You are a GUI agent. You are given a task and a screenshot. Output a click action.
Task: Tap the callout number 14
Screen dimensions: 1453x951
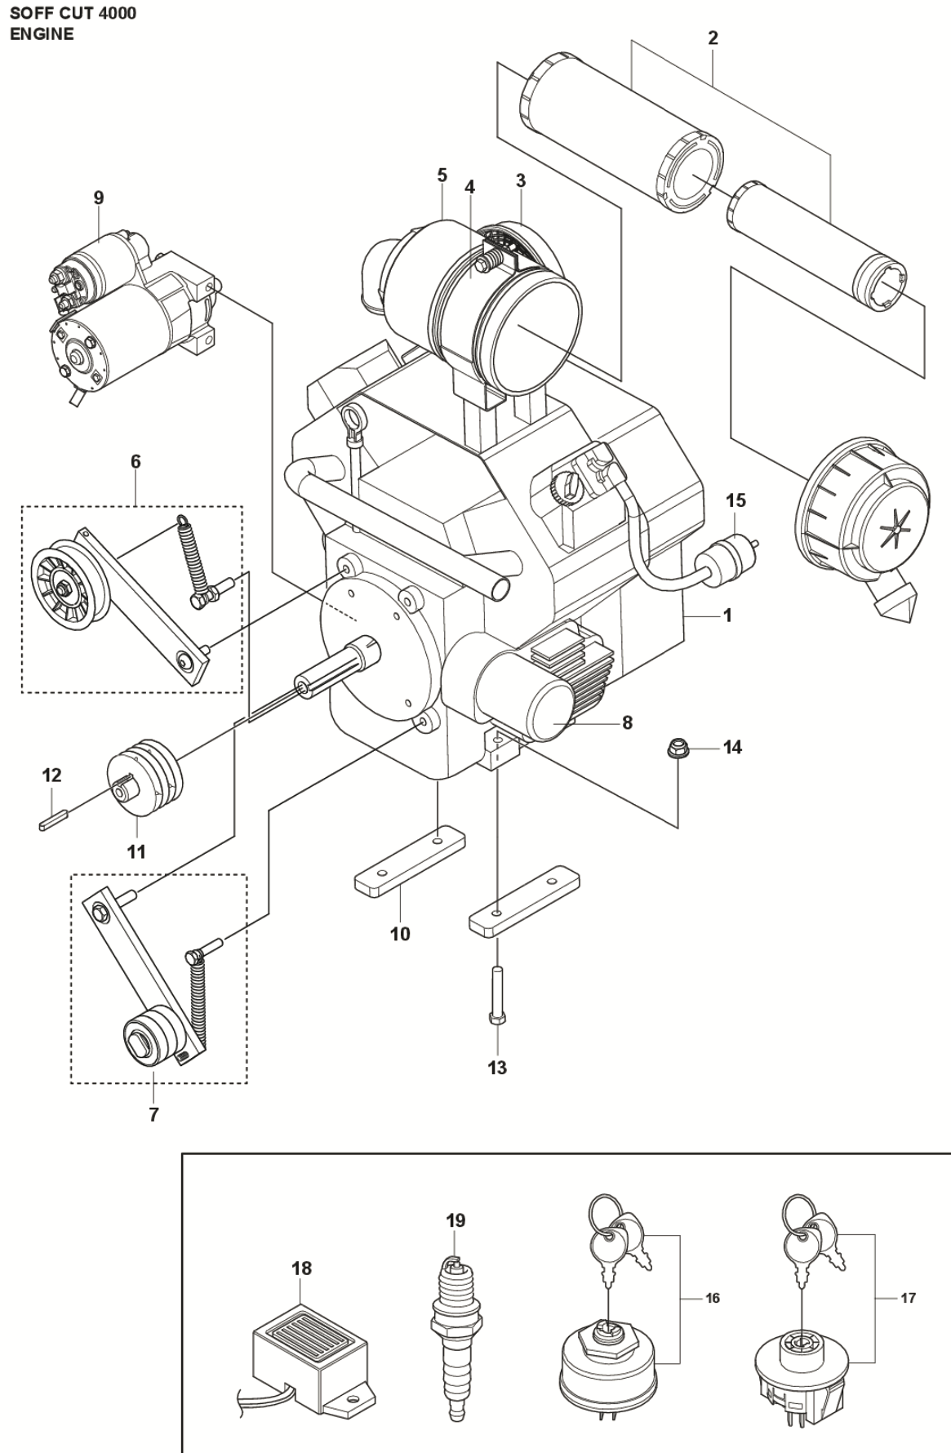[732, 747]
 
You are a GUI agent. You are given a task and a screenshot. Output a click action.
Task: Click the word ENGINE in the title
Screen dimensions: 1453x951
[42, 33]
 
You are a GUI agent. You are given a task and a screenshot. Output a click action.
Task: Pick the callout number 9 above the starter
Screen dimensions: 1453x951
[99, 198]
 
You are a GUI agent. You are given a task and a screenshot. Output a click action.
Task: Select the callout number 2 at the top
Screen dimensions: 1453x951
[713, 38]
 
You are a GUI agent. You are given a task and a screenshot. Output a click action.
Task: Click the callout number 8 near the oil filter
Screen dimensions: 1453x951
[627, 722]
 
